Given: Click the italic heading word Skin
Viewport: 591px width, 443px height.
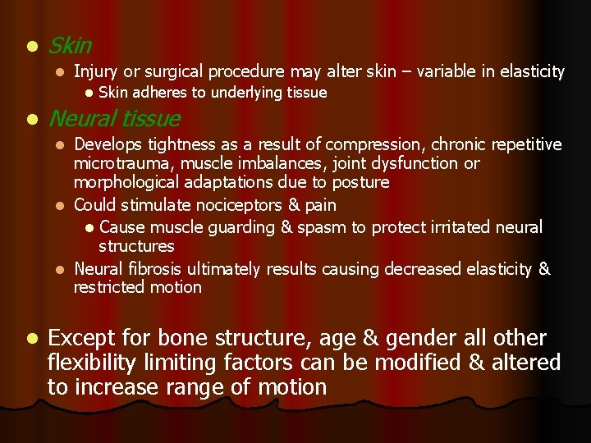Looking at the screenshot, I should click(70, 46).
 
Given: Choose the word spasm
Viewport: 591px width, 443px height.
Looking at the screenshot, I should click(314, 226).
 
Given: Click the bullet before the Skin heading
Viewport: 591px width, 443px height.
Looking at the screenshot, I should click(30, 46).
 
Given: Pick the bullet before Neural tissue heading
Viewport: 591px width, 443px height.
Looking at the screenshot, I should click(30, 121).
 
